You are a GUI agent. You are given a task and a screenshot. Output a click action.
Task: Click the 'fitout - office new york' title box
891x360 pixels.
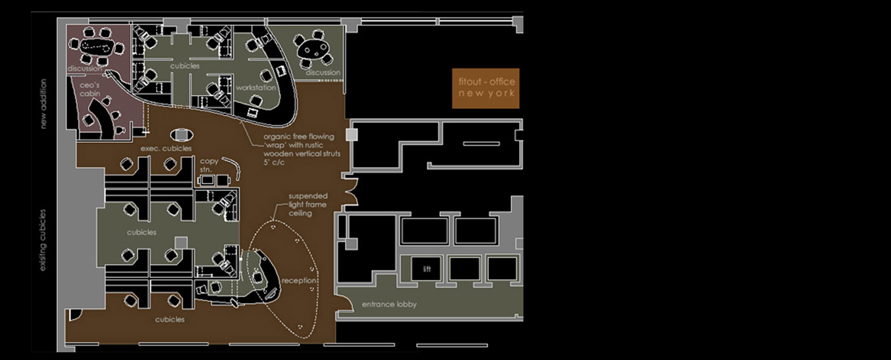(x=486, y=88)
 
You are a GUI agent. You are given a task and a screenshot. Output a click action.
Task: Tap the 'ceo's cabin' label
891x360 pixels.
(x=90, y=90)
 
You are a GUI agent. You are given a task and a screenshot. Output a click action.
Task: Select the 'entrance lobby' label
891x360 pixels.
(x=389, y=304)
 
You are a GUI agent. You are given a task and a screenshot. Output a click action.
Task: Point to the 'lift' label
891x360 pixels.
(x=427, y=269)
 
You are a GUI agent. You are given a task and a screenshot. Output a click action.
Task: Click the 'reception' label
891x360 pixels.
(x=299, y=280)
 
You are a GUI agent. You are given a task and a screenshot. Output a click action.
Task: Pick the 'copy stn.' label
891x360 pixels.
(x=209, y=165)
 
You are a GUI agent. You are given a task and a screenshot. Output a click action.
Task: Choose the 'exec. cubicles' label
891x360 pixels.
(x=166, y=149)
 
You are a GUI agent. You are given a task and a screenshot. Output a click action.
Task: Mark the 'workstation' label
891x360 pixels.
(x=256, y=87)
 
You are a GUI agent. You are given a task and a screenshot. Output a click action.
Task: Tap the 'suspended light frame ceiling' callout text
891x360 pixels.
(x=308, y=204)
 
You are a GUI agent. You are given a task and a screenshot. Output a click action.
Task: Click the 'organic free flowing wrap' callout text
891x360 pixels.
(x=302, y=149)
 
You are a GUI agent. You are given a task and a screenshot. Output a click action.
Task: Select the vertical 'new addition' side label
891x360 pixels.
(x=43, y=104)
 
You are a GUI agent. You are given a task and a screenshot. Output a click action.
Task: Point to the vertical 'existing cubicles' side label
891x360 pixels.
(x=43, y=240)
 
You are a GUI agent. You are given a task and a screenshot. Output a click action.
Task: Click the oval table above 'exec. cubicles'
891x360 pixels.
(x=182, y=135)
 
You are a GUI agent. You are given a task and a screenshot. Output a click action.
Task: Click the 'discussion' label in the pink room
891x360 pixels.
(x=85, y=68)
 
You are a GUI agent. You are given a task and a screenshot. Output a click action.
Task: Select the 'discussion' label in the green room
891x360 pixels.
(x=323, y=72)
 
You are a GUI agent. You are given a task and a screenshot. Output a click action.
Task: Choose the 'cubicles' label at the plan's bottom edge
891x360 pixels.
(x=170, y=320)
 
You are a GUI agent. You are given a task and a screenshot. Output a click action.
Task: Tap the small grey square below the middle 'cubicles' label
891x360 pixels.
(x=181, y=242)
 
